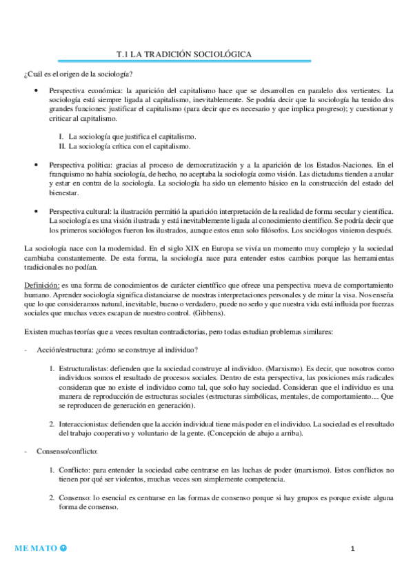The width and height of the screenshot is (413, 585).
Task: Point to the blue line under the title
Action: point(207,61)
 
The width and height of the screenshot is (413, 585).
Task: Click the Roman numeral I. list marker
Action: point(61,136)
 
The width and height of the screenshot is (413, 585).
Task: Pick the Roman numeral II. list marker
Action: point(61,146)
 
